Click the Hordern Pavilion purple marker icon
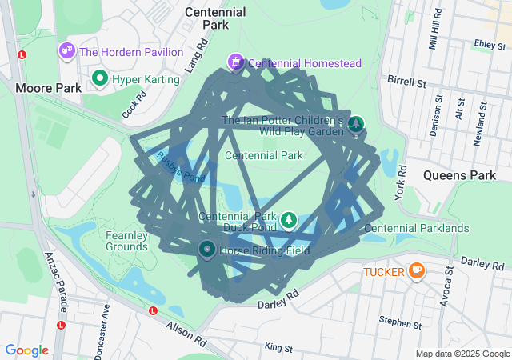coord(66,51)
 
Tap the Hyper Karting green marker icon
coord(100,78)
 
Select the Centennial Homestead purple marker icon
coord(236,62)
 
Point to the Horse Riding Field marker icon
coord(206,250)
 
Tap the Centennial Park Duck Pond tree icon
coord(288,219)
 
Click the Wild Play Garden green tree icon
coord(355,123)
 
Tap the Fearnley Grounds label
coord(126,241)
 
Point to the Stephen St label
coord(400,323)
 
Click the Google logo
coord(26,350)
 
